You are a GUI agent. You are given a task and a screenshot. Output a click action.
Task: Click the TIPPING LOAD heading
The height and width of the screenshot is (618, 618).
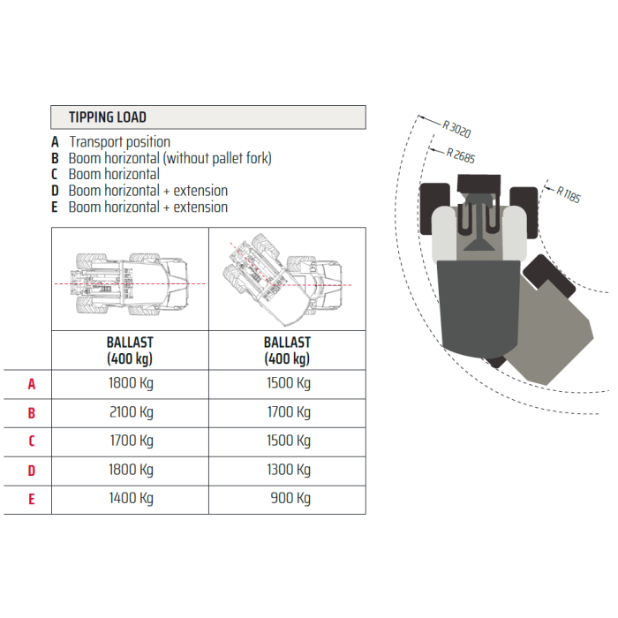(x=108, y=117)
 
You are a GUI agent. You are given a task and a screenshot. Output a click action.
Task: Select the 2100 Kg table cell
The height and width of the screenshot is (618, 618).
(x=132, y=412)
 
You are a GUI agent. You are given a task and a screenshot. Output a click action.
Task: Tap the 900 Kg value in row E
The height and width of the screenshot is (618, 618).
(x=290, y=499)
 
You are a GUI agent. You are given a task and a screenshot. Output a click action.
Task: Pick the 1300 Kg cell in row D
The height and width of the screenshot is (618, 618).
(x=289, y=471)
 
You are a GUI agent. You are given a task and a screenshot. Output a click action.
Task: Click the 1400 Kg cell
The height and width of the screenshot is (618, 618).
(x=132, y=499)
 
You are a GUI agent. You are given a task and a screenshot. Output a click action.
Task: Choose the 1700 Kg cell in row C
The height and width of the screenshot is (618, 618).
(x=132, y=441)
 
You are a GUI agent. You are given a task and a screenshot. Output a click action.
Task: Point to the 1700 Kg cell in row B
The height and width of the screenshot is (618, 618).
(x=289, y=412)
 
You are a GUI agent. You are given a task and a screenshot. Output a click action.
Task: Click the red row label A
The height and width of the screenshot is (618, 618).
(x=32, y=384)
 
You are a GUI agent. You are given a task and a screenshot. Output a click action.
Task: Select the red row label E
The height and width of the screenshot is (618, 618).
(x=32, y=499)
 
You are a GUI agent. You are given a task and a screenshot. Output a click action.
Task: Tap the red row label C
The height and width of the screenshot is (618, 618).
(x=32, y=441)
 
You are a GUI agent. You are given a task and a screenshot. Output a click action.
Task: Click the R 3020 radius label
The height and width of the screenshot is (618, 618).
(x=456, y=129)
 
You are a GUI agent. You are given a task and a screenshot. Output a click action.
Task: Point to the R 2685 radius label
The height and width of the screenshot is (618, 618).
(x=461, y=155)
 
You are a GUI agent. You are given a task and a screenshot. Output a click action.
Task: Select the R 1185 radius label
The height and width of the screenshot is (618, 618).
(x=569, y=194)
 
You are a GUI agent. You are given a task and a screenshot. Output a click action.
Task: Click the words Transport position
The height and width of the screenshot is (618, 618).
(x=120, y=142)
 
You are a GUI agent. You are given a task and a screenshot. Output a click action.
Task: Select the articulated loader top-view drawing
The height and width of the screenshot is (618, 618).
(x=283, y=280)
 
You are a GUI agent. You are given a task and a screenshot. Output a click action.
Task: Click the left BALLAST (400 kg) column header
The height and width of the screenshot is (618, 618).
(x=130, y=350)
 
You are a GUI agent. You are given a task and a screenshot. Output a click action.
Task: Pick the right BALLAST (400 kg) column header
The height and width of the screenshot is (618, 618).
(x=287, y=350)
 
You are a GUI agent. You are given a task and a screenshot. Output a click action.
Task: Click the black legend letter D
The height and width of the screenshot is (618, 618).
(x=55, y=191)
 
